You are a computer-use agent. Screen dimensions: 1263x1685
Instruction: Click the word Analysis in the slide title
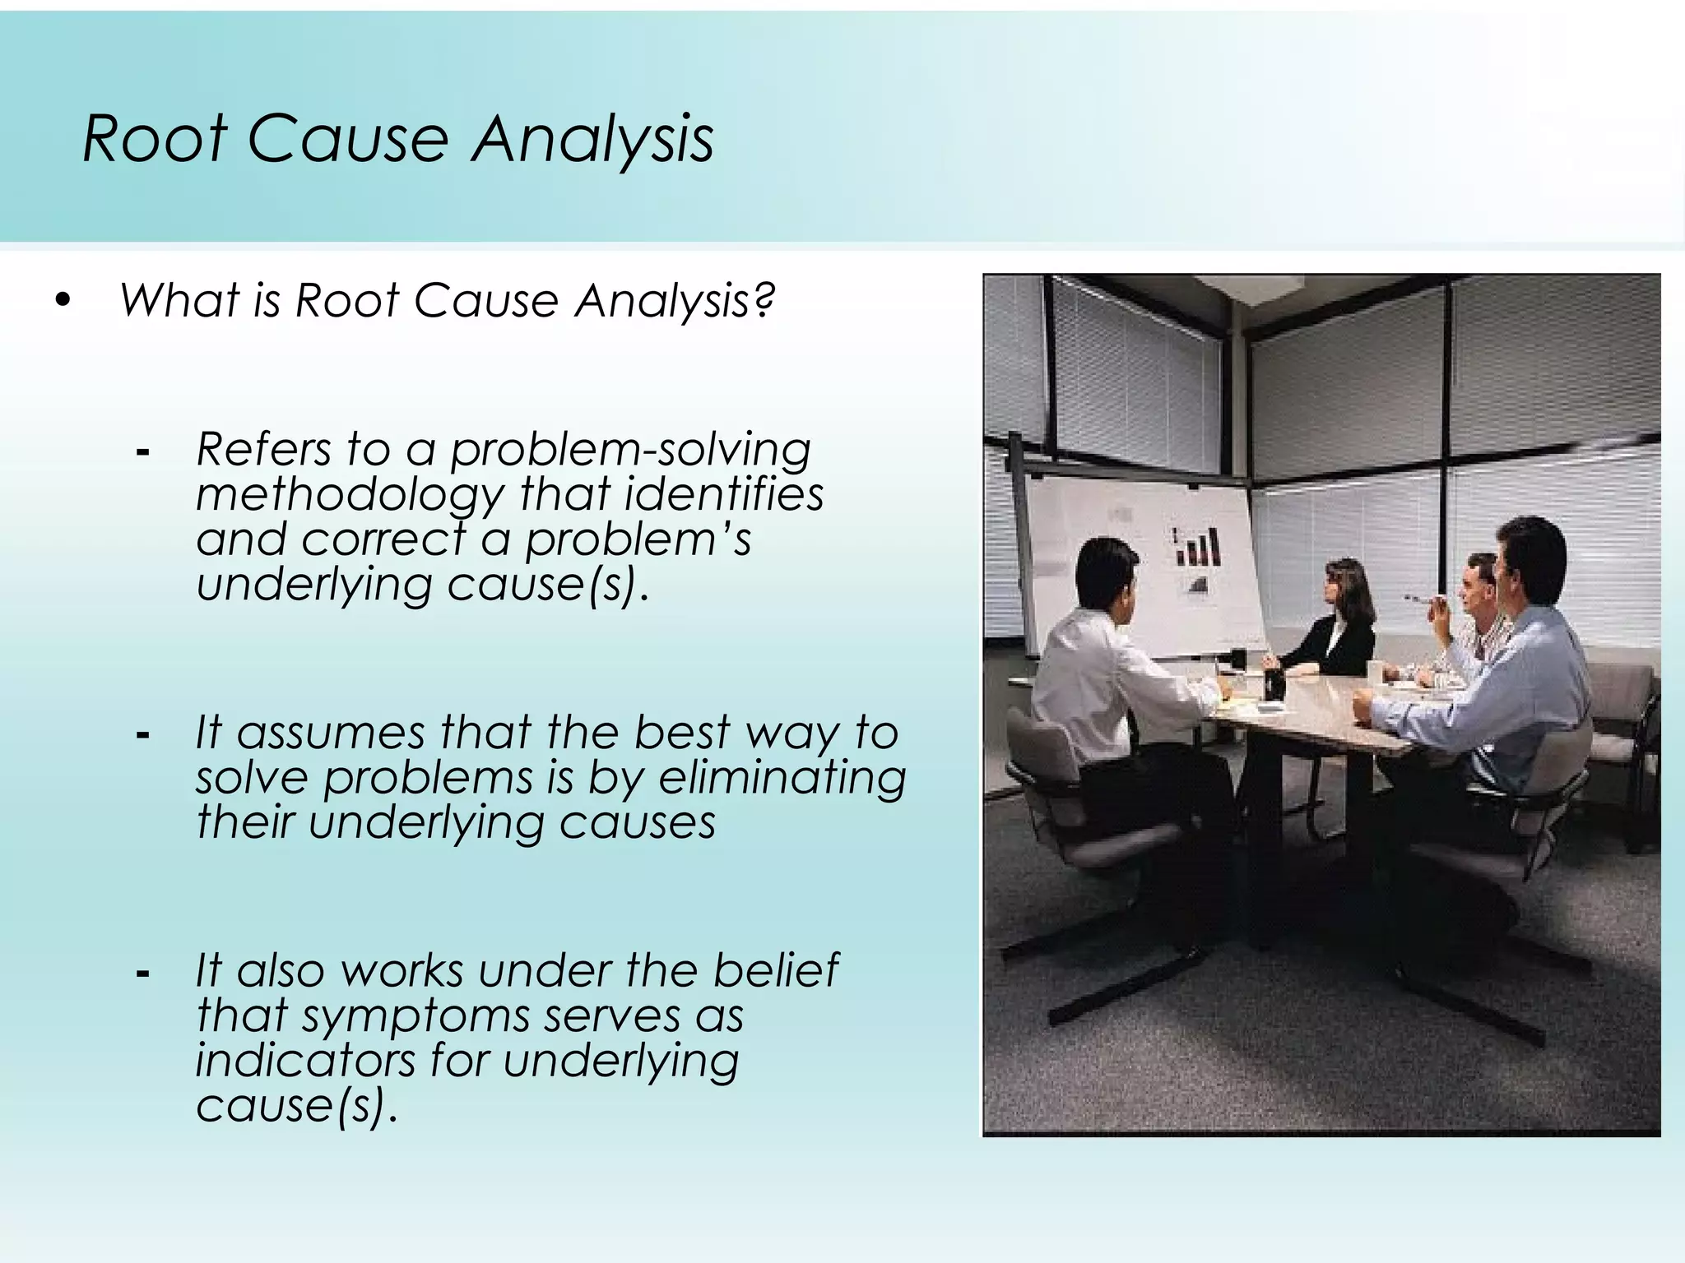point(592,138)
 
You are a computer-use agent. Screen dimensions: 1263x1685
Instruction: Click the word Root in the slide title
point(155,138)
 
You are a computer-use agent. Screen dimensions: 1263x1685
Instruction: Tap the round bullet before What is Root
point(63,301)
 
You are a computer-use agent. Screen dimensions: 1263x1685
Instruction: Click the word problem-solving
point(630,450)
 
